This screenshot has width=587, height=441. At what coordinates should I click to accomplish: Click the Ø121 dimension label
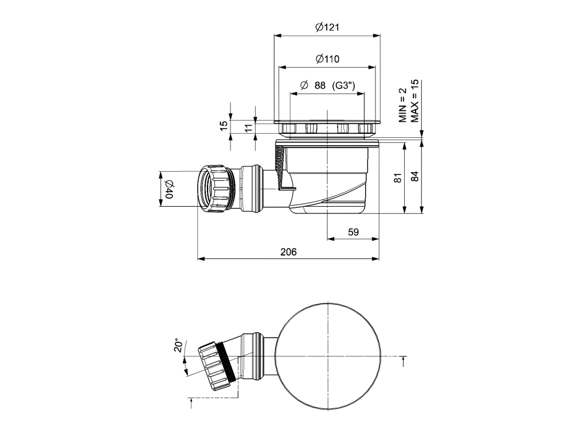coord(327,27)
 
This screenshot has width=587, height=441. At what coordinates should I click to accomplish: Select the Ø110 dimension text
coord(327,59)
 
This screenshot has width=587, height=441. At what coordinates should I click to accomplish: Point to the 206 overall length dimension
coord(289,251)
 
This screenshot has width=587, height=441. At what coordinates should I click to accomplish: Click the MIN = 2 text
coord(403,105)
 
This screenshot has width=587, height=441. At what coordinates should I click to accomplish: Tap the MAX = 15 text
coord(414,98)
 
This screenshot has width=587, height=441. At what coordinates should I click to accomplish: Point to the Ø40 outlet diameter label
coord(169,188)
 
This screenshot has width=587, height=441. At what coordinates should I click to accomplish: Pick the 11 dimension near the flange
coord(248,127)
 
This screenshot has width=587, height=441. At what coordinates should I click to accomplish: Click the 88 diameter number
coord(320,86)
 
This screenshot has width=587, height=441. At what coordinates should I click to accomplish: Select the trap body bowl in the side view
coord(330,178)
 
